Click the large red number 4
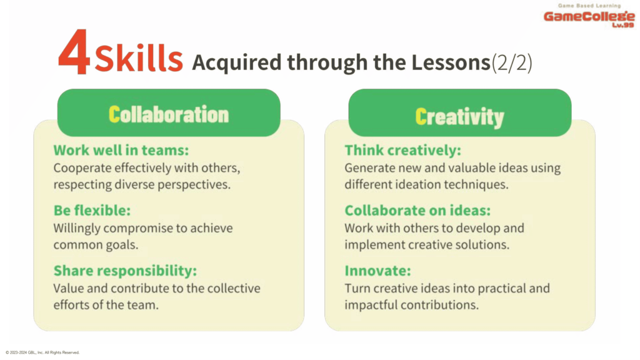(74, 52)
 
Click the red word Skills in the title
(139, 59)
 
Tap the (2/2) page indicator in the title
(512, 62)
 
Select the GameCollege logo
(589, 16)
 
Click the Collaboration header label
(169, 114)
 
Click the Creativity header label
(459, 117)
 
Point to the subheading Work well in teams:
(121, 150)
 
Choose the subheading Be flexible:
(92, 210)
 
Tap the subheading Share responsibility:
(125, 271)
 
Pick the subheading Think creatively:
(403, 150)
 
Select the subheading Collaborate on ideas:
(417, 210)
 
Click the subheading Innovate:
(378, 271)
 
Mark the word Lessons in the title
(451, 62)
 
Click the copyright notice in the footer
(42, 352)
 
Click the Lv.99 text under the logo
(623, 25)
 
